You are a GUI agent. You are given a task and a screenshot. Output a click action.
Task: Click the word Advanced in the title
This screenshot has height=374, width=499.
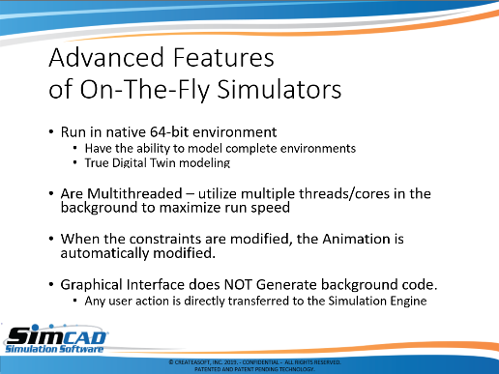[106, 57]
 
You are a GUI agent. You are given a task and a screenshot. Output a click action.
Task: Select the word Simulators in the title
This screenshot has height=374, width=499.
[279, 89]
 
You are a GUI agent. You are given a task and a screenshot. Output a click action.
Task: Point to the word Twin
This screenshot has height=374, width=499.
[162, 162]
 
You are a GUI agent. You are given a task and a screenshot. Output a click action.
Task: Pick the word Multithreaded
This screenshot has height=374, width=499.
[134, 193]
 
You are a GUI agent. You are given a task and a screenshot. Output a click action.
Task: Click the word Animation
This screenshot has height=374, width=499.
[356, 239]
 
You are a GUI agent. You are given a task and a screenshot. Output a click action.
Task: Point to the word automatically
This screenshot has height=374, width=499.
[104, 254]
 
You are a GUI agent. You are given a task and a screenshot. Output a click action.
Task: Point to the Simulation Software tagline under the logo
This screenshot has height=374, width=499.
[54, 349]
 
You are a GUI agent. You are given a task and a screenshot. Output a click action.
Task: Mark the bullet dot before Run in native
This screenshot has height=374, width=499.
[51, 132]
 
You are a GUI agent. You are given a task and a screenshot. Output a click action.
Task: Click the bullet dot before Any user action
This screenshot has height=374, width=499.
[75, 301]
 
